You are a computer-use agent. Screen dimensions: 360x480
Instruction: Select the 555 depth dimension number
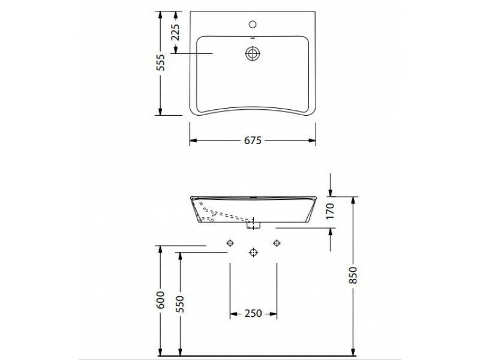pyautogui.click(x=160, y=62)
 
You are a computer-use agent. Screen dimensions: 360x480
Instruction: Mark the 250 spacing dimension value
pyautogui.click(x=253, y=314)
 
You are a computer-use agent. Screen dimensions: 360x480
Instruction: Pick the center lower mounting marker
pyautogui.click(x=253, y=253)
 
